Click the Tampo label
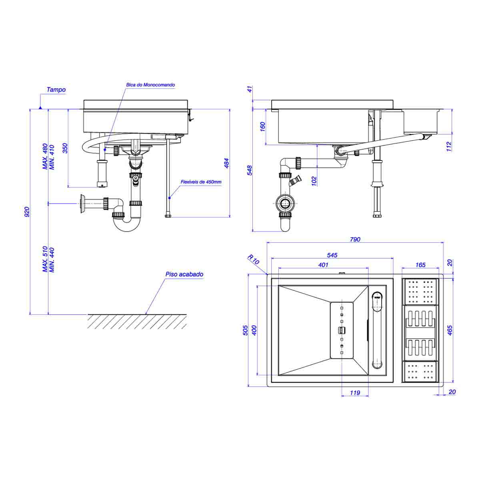point(56,90)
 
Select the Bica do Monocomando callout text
point(150,85)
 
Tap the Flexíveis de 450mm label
point(201,182)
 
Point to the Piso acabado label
point(184,274)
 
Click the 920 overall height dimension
point(27,212)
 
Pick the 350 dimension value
point(65,148)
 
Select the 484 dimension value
point(227,163)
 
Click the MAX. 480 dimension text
point(45,156)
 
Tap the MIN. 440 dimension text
point(52,260)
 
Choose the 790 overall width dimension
point(355,239)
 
